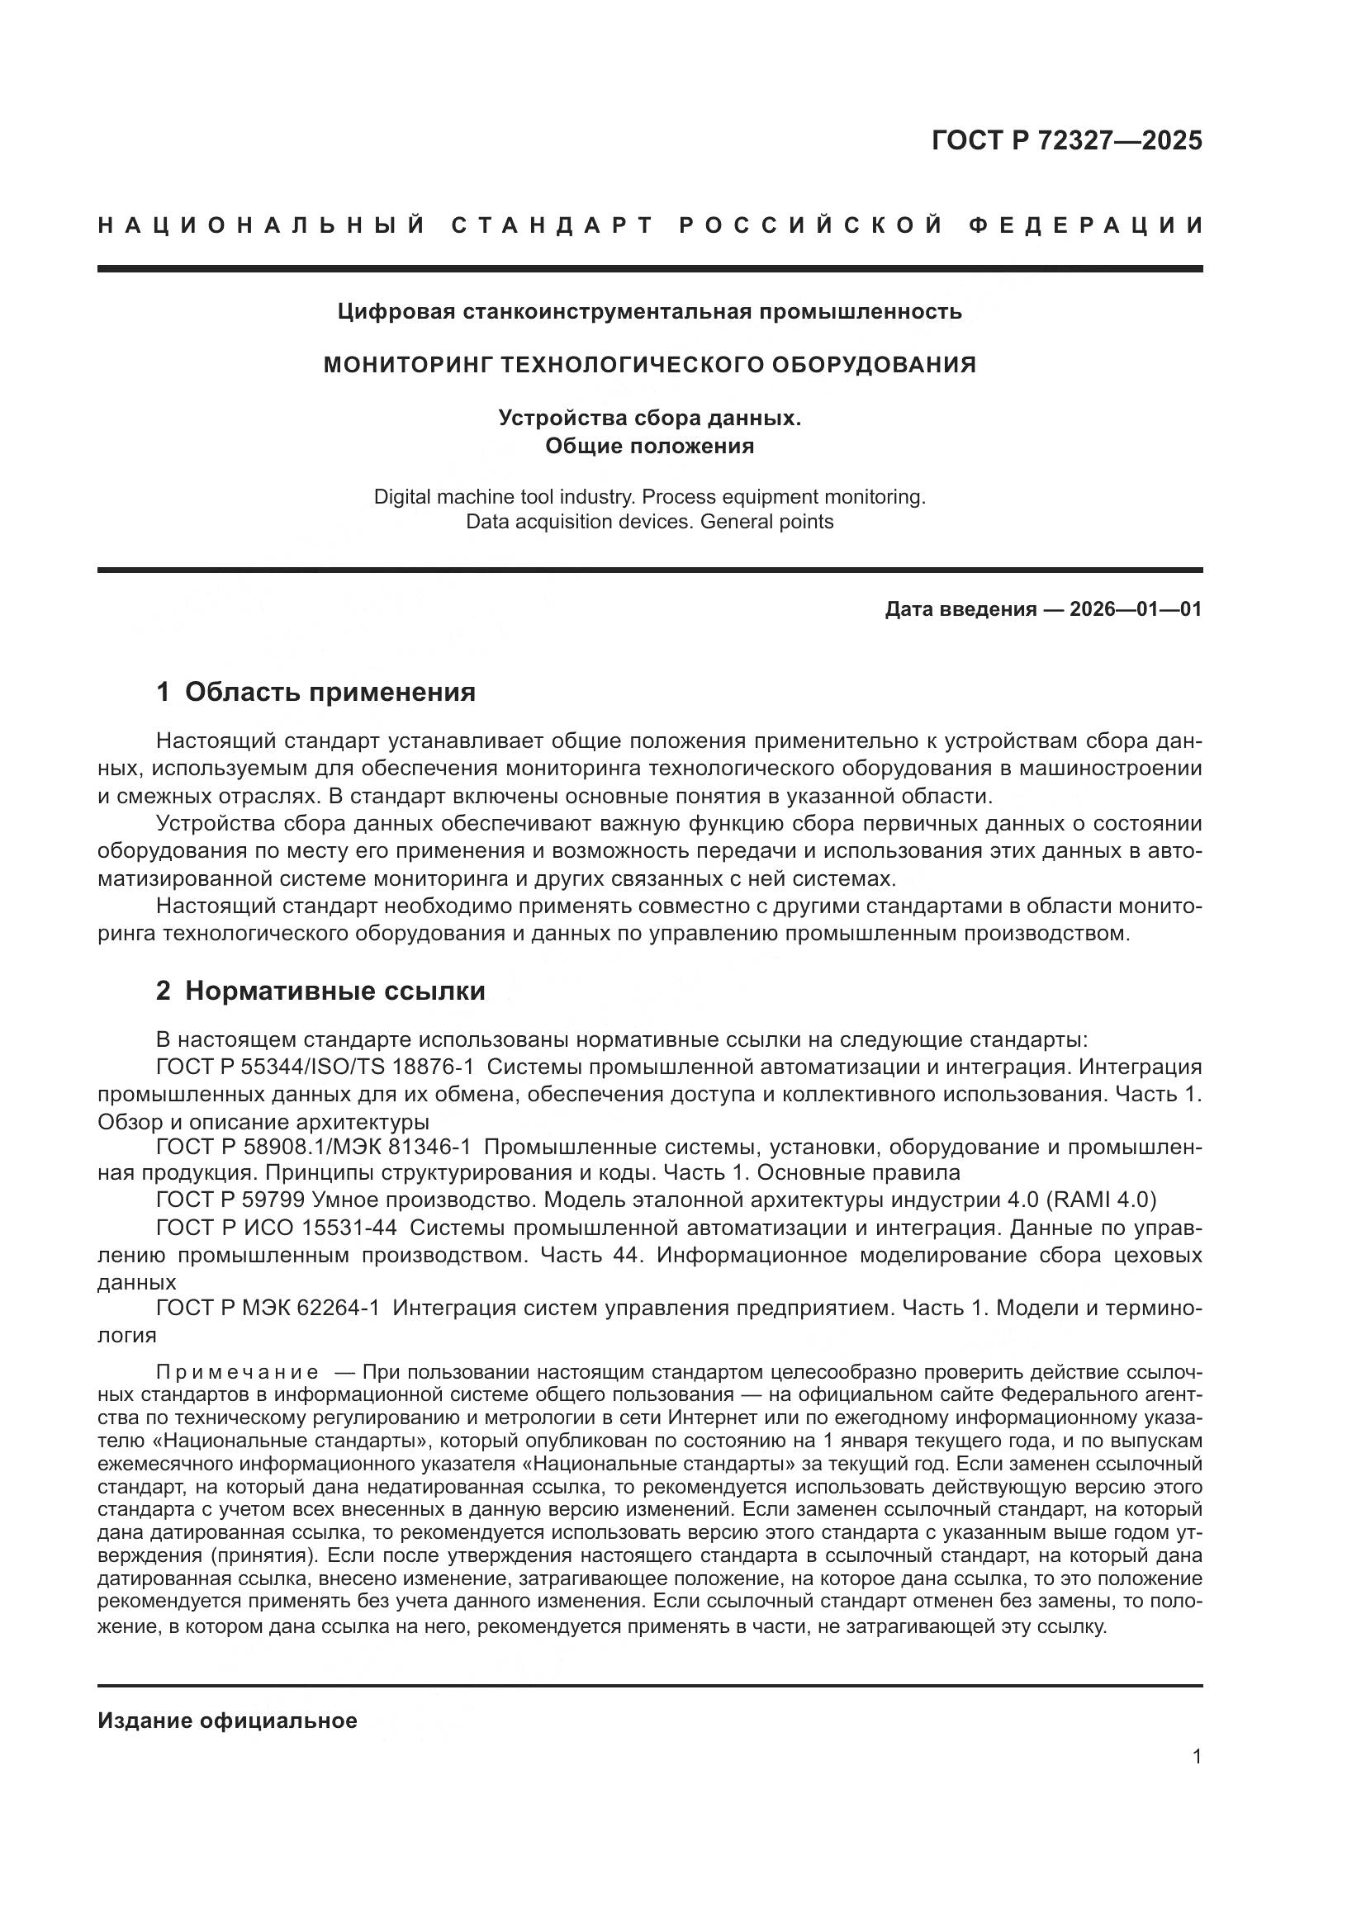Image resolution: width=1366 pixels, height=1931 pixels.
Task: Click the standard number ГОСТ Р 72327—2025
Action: click(1065, 140)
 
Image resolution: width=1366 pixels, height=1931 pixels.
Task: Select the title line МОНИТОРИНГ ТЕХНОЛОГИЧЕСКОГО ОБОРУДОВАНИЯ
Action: click(649, 365)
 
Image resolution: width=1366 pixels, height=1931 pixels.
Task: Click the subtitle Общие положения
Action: click(649, 446)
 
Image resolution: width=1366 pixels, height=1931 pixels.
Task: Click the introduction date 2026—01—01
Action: click(1136, 609)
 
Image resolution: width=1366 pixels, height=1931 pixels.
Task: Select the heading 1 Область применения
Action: click(315, 692)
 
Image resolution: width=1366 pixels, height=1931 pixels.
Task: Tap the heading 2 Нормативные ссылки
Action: click(320, 991)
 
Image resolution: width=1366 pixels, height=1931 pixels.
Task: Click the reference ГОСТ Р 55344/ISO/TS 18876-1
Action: click(315, 1067)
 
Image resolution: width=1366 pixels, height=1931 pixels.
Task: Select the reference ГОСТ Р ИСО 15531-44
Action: click(277, 1228)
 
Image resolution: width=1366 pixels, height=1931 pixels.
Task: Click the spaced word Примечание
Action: click(238, 1374)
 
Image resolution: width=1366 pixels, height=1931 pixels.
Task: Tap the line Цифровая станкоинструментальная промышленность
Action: click(649, 312)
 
